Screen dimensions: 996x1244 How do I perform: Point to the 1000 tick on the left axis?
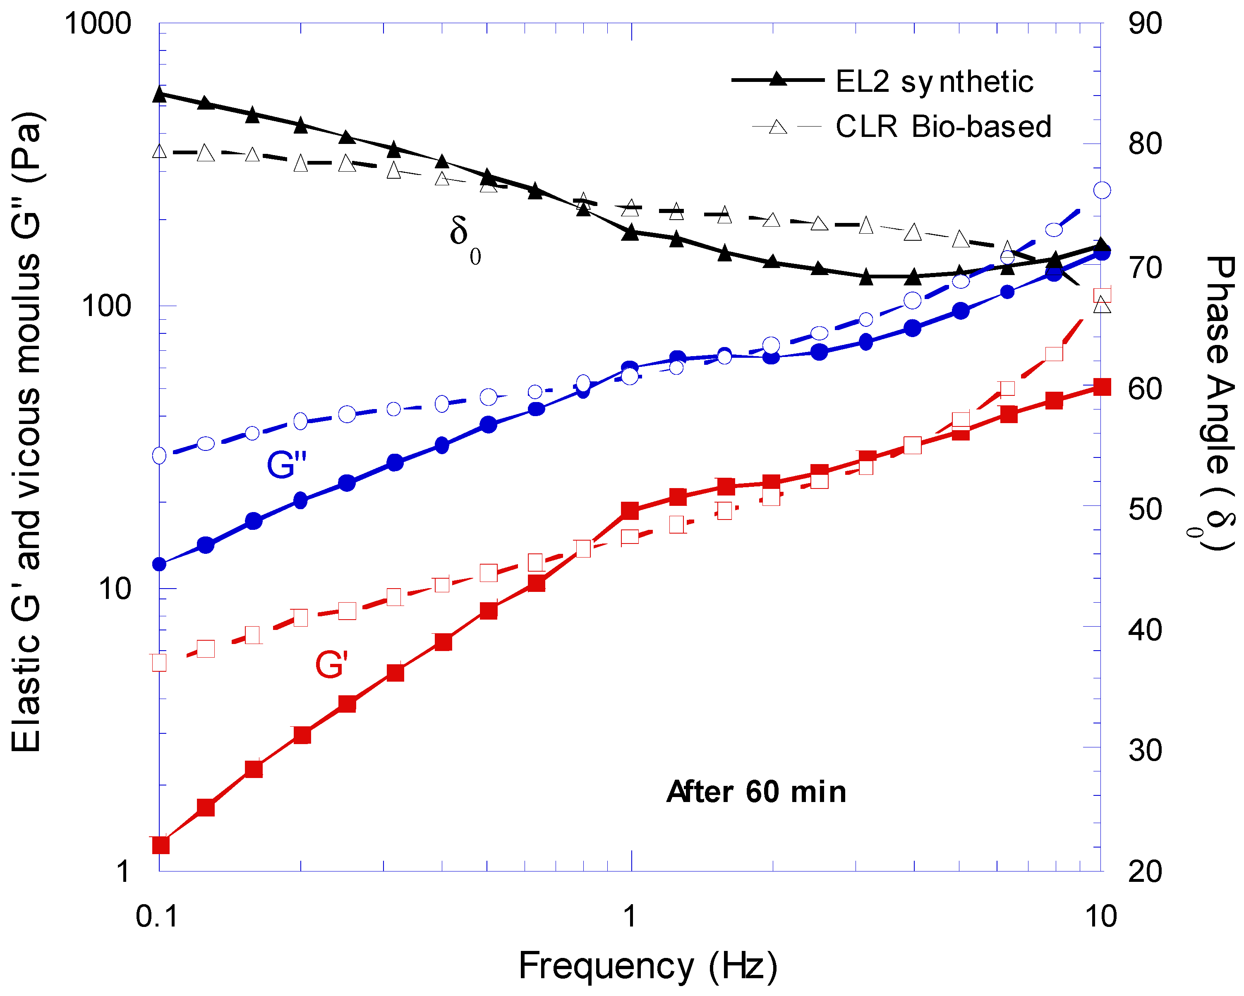pyautogui.click(x=98, y=24)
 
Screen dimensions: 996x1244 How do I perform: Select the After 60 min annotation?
pyautogui.click(x=756, y=792)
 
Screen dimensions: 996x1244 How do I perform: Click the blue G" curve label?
pyautogui.click(x=286, y=465)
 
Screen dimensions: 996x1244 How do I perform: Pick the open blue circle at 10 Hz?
pyautogui.click(x=1102, y=190)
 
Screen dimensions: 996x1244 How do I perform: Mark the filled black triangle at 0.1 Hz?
pyautogui.click(x=160, y=94)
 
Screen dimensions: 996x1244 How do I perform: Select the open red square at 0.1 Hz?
pyautogui.click(x=159, y=662)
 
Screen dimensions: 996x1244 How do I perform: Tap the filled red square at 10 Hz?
pyautogui.click(x=1102, y=387)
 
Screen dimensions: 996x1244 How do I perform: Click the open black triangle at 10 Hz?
pyautogui.click(x=1102, y=304)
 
